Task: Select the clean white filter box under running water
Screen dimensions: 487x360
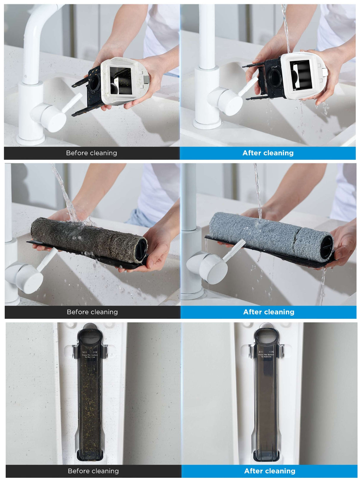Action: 300,76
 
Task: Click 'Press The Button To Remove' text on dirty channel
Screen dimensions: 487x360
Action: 90,356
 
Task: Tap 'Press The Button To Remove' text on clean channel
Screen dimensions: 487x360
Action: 266,355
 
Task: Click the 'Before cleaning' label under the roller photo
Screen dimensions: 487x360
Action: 92,312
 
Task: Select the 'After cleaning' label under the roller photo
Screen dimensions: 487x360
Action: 268,312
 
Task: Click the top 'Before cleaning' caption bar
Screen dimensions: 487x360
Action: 91,153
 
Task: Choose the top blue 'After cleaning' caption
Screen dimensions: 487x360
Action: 268,153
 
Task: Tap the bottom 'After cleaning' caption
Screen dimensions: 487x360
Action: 270,471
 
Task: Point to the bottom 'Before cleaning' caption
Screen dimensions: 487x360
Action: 93,471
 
